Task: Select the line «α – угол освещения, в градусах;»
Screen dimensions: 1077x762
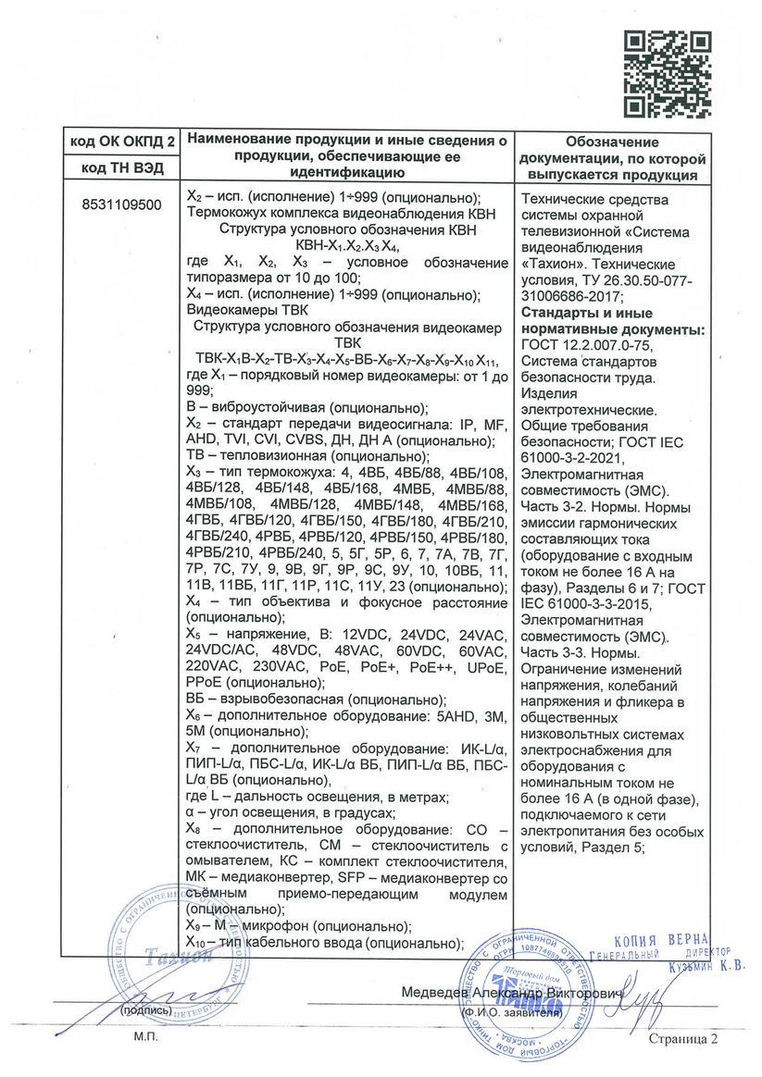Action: click(x=291, y=812)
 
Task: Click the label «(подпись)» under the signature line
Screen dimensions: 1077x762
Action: click(x=144, y=1011)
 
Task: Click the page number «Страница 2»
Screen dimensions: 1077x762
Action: click(x=683, y=1040)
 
